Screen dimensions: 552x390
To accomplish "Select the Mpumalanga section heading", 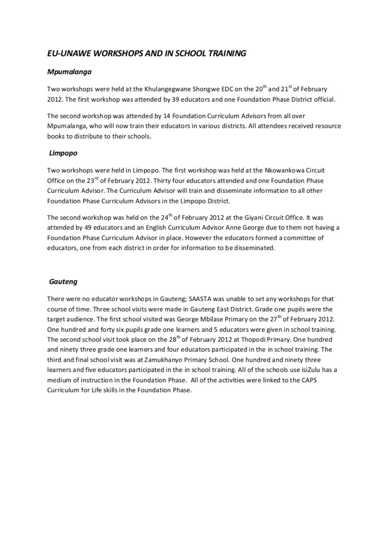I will pyautogui.click(x=69, y=72).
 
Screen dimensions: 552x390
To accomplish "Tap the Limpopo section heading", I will pyautogui.click(x=63, y=153).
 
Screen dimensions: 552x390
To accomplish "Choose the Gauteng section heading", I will pyautogui.click(x=63, y=282).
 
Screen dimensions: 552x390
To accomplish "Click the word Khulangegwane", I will pyautogui.click(x=168, y=89).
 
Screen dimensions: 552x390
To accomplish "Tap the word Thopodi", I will pyautogui.click(x=253, y=340).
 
